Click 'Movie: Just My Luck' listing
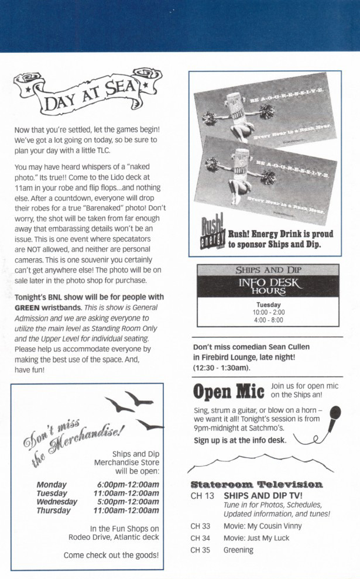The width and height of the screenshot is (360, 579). coord(256,538)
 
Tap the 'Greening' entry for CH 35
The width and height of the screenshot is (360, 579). coord(238,550)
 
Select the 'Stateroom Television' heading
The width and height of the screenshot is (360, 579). coord(256,484)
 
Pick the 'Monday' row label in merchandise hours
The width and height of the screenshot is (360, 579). coord(52,485)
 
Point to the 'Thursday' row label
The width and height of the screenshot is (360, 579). coord(54,510)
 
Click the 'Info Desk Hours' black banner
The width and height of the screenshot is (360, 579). coord(268,286)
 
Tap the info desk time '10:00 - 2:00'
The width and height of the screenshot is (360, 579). coord(269,313)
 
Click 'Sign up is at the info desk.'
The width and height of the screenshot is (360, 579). coord(240,441)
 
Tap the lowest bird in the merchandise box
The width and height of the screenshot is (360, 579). coord(149,425)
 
